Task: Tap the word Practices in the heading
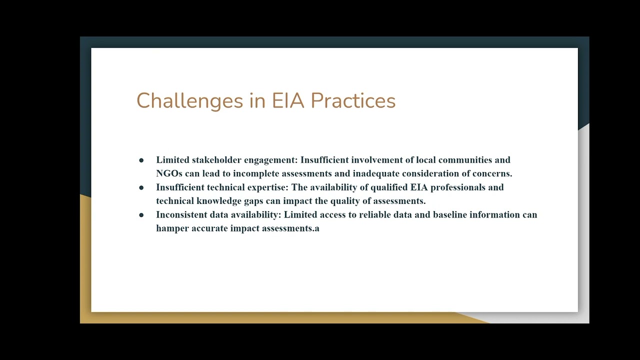353,101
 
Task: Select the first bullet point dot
141,160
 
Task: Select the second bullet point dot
141,187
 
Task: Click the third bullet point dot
141,215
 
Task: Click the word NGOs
169,173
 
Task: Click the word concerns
492,173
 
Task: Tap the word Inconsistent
179,214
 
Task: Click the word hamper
172,228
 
